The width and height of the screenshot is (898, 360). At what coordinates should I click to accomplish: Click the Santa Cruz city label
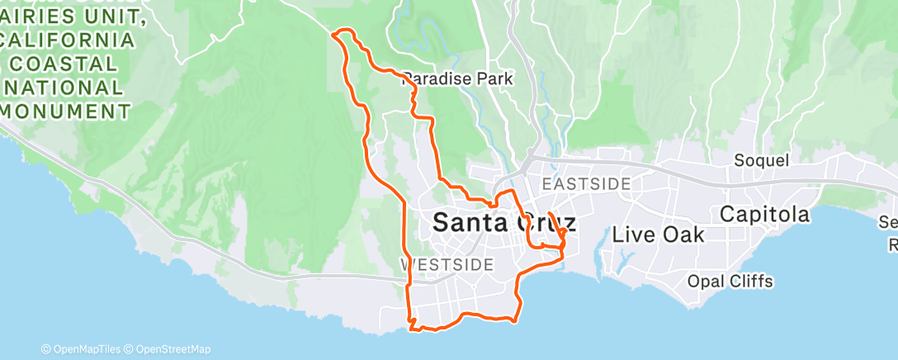click(x=504, y=223)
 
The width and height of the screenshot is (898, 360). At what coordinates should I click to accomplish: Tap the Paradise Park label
click(x=458, y=79)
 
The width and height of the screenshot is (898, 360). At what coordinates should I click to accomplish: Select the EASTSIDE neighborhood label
click(x=586, y=183)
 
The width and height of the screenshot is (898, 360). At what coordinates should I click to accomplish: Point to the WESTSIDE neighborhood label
click(x=447, y=264)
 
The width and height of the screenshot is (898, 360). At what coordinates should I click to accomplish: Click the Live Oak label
click(x=658, y=234)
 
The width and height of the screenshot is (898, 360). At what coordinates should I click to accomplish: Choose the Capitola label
click(x=764, y=214)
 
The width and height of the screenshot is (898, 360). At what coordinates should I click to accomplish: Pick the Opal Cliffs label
click(x=730, y=281)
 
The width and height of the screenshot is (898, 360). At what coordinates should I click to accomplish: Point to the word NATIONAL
click(x=64, y=87)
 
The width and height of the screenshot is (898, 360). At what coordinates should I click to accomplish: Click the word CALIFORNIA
click(x=68, y=40)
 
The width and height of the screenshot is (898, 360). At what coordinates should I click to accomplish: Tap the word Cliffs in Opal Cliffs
click(x=749, y=281)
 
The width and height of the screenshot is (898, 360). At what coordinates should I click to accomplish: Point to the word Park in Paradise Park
click(x=494, y=79)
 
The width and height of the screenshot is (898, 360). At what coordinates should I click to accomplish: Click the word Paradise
click(x=438, y=79)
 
